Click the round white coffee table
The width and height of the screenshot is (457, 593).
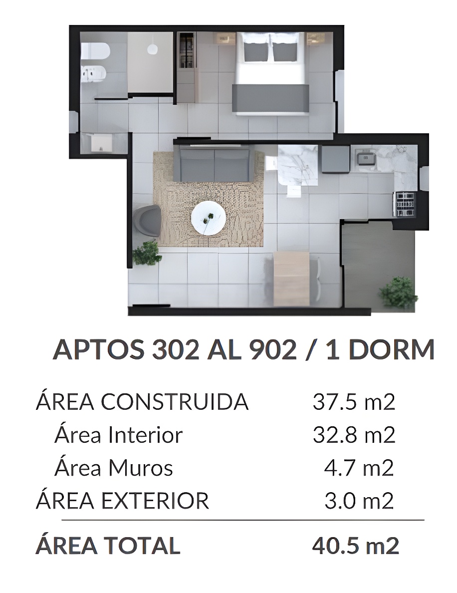click(x=208, y=218)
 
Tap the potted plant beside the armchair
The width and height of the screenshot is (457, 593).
click(x=147, y=253)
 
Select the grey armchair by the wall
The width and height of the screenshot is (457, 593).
click(x=147, y=221)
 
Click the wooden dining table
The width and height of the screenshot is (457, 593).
click(x=291, y=279)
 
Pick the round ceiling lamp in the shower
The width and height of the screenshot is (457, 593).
click(x=152, y=49)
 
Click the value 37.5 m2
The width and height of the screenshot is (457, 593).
click(x=354, y=402)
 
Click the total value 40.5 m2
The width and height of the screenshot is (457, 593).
click(x=356, y=546)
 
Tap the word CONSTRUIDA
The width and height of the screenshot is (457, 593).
click(x=175, y=402)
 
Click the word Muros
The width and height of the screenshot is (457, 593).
click(x=141, y=468)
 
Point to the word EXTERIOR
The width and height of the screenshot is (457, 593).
click(x=155, y=501)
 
